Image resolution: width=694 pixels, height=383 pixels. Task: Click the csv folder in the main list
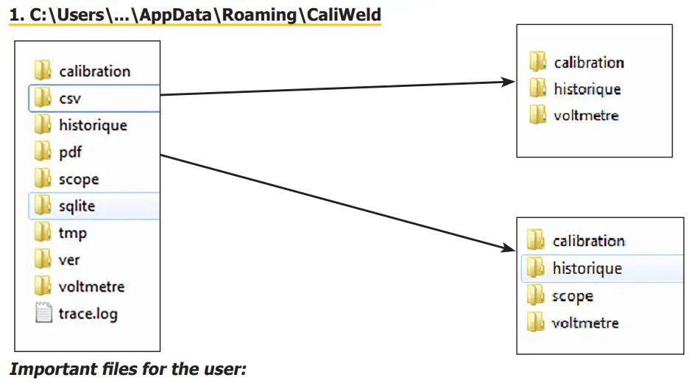click(x=70, y=98)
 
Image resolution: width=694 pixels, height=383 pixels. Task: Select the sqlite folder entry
click(x=77, y=206)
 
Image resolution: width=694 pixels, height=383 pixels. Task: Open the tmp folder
click(x=72, y=233)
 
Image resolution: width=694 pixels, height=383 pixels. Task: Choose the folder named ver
click(x=69, y=260)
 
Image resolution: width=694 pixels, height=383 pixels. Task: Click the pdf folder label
click(x=71, y=152)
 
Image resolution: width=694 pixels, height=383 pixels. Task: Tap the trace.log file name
click(x=88, y=314)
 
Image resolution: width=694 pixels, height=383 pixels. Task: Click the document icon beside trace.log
click(x=43, y=313)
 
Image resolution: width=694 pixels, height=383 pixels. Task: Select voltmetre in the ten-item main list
click(x=91, y=287)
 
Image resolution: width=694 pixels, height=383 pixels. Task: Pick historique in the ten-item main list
click(x=93, y=125)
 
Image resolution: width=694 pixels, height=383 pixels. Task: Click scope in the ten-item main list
click(x=79, y=179)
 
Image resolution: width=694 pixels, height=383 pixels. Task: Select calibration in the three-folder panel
click(x=589, y=63)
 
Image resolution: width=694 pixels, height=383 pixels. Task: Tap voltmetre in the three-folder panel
click(x=586, y=116)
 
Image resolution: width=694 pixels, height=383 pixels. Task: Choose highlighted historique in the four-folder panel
click(x=587, y=268)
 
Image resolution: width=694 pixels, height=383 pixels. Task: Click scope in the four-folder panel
click(x=573, y=296)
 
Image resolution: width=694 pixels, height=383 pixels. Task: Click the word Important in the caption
click(x=46, y=369)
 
